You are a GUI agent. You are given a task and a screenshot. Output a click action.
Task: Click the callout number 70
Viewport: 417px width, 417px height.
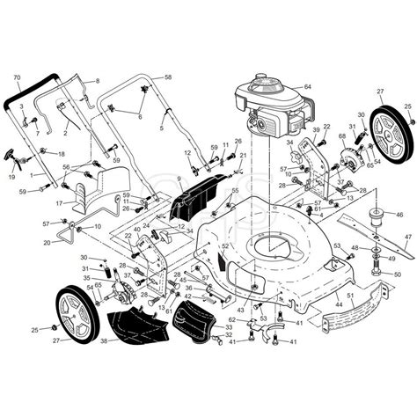click(x=16, y=77)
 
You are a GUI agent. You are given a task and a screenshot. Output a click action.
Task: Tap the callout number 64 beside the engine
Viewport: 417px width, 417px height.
click(x=308, y=86)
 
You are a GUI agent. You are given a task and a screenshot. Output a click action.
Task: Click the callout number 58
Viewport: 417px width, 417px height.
click(x=168, y=77)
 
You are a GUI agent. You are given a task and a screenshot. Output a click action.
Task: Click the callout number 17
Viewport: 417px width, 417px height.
click(x=59, y=203)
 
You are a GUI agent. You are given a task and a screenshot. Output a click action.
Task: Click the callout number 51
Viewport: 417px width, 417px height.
click(x=350, y=296)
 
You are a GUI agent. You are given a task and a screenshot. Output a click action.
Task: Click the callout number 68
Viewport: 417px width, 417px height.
click(x=341, y=136)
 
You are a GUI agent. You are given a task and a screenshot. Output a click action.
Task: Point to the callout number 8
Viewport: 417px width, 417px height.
click(x=97, y=81)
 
